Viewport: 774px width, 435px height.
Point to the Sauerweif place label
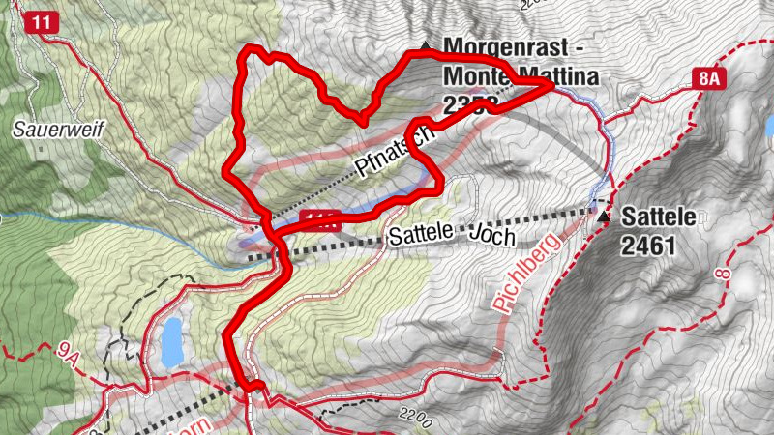(45, 127)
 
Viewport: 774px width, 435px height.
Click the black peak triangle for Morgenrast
(425, 44)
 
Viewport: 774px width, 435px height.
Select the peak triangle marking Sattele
(605, 217)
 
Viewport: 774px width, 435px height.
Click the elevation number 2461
(648, 247)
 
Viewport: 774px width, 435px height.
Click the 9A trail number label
(66, 355)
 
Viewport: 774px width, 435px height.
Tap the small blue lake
(171, 342)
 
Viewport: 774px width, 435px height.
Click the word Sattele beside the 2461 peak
(659, 217)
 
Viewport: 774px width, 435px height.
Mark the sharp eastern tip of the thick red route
(552, 86)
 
